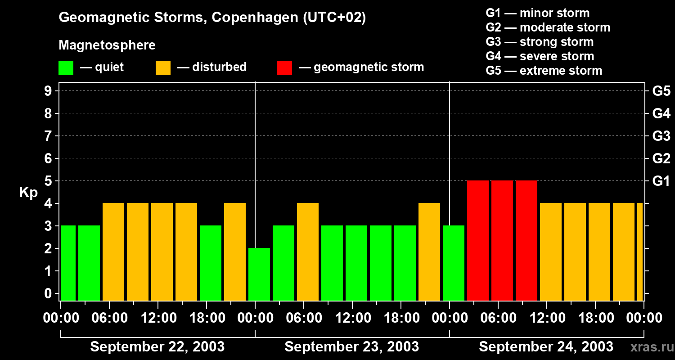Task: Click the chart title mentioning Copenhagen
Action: click(212, 18)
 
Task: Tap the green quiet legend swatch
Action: click(66, 68)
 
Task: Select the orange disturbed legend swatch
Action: click(163, 68)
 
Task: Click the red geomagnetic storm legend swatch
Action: click(284, 68)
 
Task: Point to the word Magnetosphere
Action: click(107, 45)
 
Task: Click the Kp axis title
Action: click(28, 193)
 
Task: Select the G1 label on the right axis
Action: click(661, 181)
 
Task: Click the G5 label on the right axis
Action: click(661, 91)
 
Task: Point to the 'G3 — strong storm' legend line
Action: click(540, 42)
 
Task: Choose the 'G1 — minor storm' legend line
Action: click(537, 13)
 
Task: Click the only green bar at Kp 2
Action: click(259, 274)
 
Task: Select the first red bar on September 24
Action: click(478, 240)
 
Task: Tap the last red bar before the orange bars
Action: click(526, 240)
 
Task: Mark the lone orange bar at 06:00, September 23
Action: click(308, 252)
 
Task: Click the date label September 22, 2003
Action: click(157, 347)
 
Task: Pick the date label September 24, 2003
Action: click(546, 347)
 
